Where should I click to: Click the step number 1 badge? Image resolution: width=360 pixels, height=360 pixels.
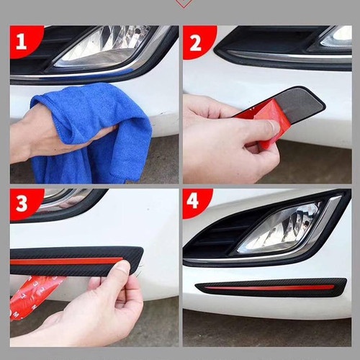(x=23, y=41)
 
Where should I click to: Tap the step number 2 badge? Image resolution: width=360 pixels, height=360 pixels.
(x=197, y=42)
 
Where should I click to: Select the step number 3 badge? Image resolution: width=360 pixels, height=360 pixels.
(x=23, y=204)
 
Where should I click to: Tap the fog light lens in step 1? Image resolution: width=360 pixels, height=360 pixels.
(x=106, y=45)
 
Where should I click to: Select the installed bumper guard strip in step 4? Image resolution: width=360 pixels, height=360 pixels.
(x=271, y=287)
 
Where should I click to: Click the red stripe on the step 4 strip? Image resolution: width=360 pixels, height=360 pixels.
(x=264, y=287)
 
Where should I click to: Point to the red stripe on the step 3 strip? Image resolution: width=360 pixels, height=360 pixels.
(x=66, y=261)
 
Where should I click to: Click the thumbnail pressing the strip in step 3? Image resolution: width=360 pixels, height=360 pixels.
(x=123, y=268)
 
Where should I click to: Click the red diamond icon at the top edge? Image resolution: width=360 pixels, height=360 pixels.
(x=184, y=4)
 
